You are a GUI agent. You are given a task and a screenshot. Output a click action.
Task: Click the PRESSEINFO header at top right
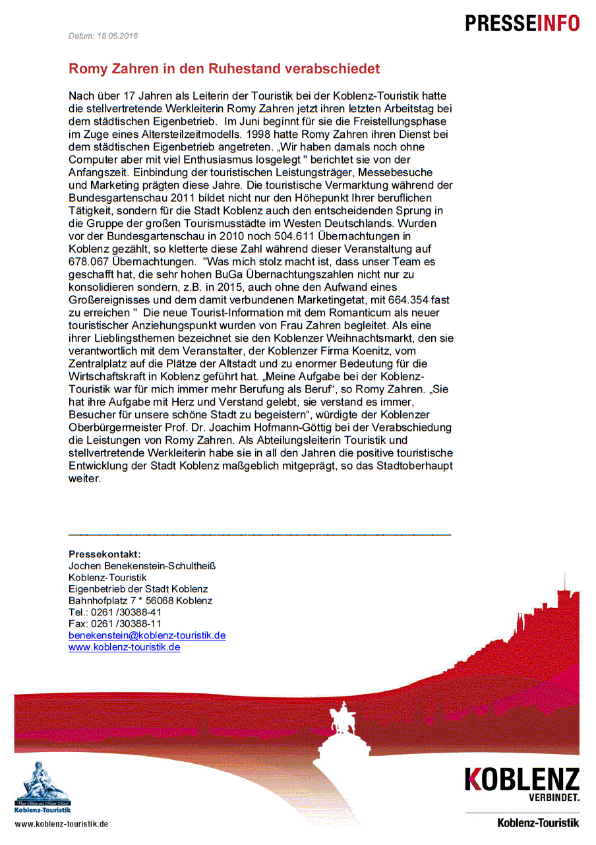click(x=522, y=23)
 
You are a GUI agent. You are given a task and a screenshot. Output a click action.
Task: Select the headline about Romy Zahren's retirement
click(x=224, y=69)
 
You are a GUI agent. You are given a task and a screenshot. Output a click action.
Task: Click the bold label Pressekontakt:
click(x=105, y=554)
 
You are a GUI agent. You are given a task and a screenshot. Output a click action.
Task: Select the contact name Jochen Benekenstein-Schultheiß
click(x=142, y=566)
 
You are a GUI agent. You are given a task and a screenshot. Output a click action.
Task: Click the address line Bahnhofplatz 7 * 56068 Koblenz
click(x=140, y=601)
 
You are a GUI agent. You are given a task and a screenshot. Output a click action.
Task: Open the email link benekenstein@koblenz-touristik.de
click(x=147, y=635)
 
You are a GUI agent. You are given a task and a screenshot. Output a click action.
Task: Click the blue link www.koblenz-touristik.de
click(x=124, y=647)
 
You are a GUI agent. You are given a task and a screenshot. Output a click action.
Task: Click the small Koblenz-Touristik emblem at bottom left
click(x=42, y=788)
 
